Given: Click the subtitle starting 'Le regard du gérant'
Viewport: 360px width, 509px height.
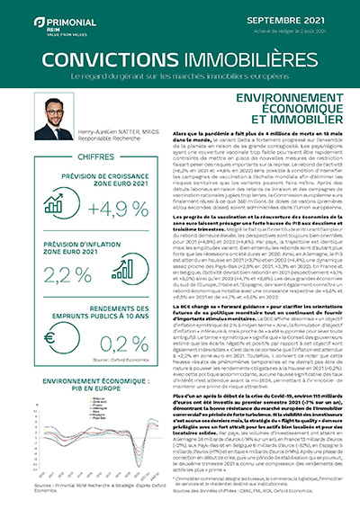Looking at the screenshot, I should click(x=180, y=78).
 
